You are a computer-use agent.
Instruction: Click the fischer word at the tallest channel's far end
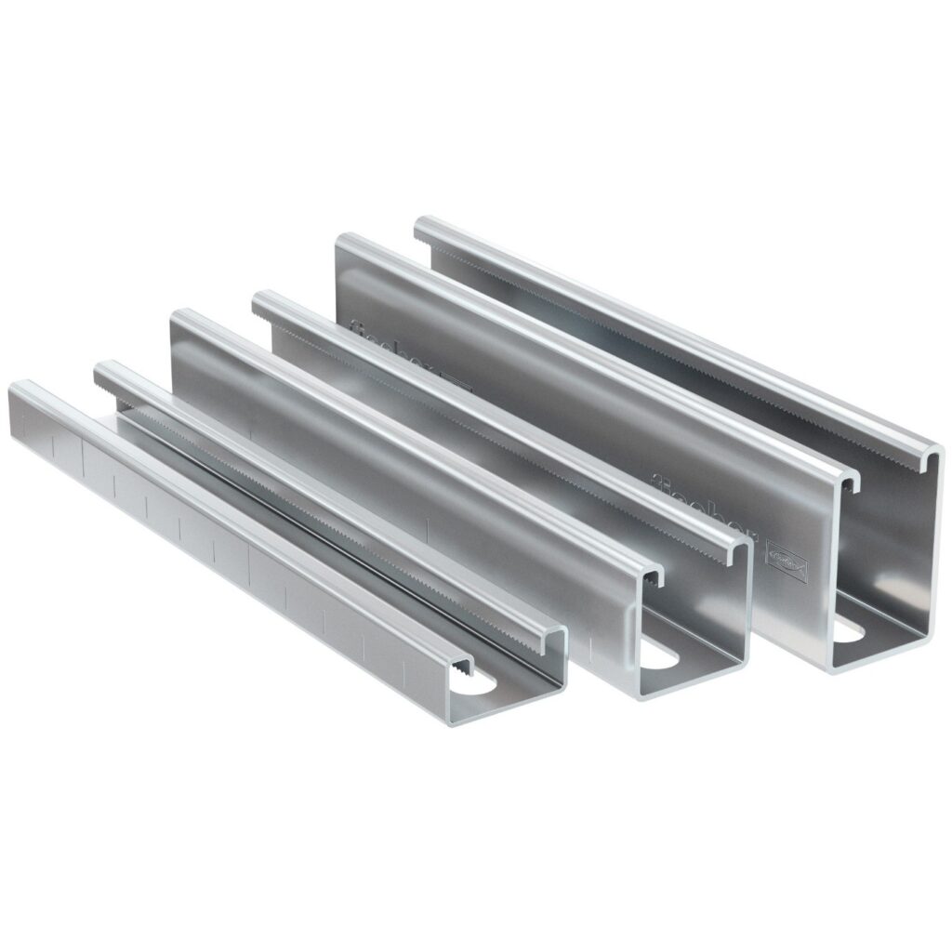pos(372,335)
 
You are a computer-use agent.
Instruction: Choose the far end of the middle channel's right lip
pos(261,298)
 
